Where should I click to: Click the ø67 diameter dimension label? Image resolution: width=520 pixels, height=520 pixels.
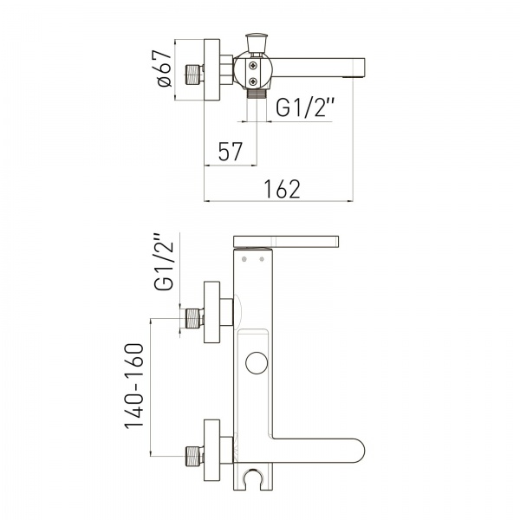point(166,68)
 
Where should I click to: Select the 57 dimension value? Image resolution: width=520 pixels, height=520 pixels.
point(231,151)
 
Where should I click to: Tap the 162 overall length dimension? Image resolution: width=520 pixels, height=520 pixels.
point(282,189)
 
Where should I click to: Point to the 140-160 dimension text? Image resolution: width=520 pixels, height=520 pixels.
point(134,386)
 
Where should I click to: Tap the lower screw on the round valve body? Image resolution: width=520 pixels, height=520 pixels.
point(253,81)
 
